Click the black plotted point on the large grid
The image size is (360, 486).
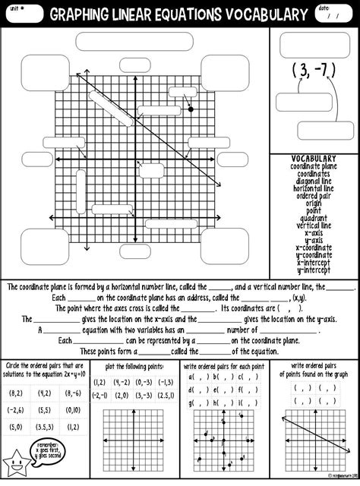190,109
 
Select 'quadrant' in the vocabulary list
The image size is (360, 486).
314,218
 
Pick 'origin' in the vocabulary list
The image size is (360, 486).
314,204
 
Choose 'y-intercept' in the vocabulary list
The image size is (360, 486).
314,270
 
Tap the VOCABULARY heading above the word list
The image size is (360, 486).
314,159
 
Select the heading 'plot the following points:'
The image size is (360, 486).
135,366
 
